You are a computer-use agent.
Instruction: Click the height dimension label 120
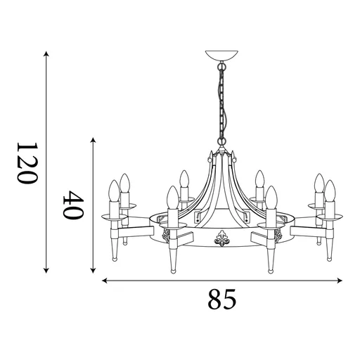click(x=26, y=162)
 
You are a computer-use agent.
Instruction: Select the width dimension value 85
click(x=221, y=301)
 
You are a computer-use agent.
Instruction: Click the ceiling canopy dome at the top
click(x=221, y=56)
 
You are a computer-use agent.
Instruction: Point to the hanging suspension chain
click(x=222, y=105)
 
